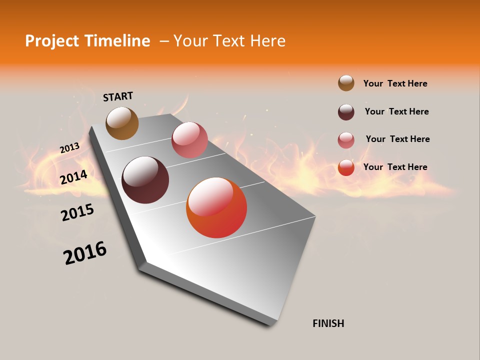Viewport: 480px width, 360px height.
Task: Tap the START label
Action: click(118, 96)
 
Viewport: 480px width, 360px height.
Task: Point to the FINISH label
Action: click(328, 323)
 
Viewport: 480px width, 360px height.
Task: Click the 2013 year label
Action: click(70, 148)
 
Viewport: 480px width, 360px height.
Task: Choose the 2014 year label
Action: click(74, 177)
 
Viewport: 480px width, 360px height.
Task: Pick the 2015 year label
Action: click(77, 212)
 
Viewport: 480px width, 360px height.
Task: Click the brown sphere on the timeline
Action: click(122, 123)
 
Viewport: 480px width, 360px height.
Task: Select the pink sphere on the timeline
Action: click(189, 140)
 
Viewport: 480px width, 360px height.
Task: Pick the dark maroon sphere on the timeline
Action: click(145, 180)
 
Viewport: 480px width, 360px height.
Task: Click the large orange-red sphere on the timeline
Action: click(216, 207)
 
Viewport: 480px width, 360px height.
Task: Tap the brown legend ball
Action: click(346, 83)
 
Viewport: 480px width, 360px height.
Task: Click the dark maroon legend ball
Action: click(346, 112)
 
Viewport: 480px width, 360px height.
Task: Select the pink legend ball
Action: click(346, 140)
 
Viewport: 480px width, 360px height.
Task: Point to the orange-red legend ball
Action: click(346, 167)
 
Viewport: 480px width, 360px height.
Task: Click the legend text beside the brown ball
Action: click(395, 83)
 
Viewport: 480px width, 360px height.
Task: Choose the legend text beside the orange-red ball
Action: click(395, 167)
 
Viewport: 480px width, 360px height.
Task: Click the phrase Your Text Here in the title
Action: click(229, 41)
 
